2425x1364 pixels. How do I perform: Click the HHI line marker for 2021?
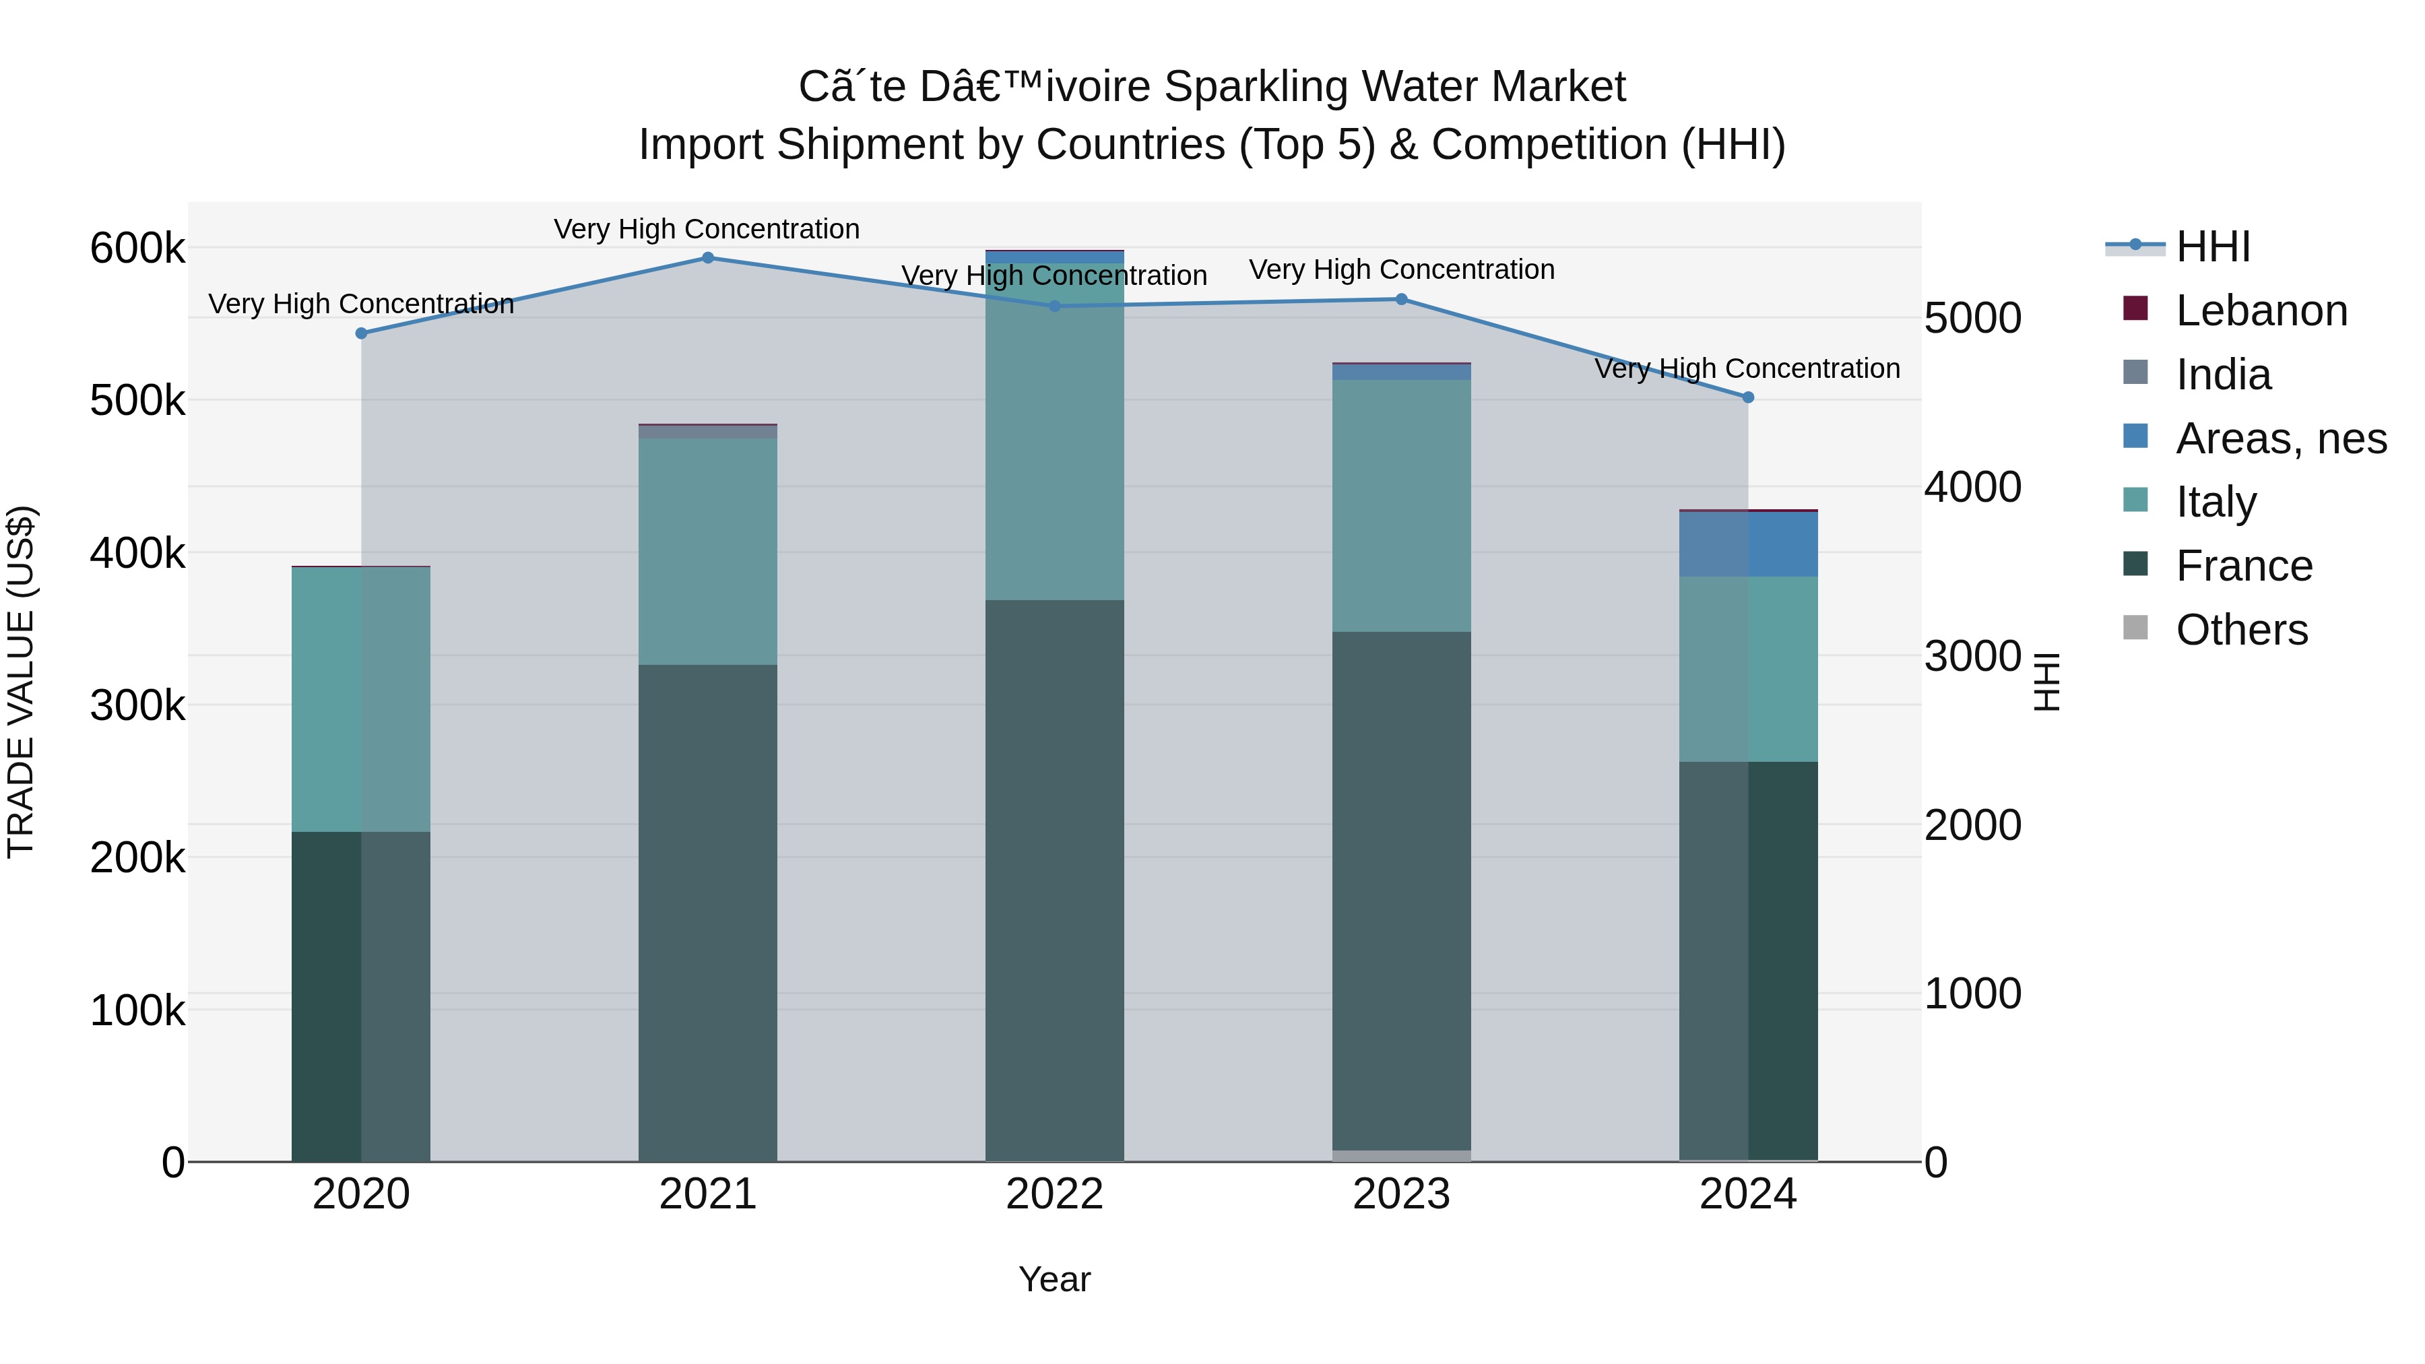(x=708, y=258)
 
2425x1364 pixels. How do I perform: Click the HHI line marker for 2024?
(x=1748, y=397)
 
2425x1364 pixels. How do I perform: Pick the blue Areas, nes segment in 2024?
(x=1748, y=544)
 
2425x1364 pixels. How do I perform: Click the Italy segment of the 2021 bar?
(x=708, y=551)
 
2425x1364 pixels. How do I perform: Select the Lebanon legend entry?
(x=2261, y=311)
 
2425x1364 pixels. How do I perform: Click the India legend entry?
(x=2223, y=375)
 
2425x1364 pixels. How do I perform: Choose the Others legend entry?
(x=2241, y=630)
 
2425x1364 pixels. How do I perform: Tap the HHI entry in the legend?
(x=2212, y=247)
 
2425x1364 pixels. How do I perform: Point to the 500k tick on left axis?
(x=137, y=401)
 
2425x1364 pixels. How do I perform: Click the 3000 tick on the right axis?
(x=1972, y=656)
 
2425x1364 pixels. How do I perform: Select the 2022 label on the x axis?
(x=1054, y=1194)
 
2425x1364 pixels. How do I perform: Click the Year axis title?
(x=1054, y=1279)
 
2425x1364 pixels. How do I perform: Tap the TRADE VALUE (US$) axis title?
(x=21, y=682)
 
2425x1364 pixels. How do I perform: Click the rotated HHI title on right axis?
(x=2046, y=682)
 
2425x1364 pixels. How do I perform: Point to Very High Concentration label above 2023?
(x=1401, y=270)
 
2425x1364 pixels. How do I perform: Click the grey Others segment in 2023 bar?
(x=1401, y=1156)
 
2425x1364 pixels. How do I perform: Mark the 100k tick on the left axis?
(x=137, y=1011)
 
